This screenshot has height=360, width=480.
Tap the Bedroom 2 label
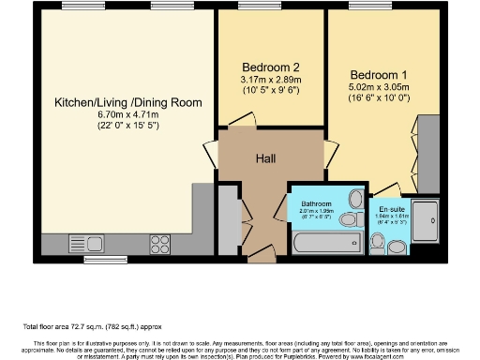[271, 67]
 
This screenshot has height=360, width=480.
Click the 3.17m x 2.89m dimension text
[271, 80]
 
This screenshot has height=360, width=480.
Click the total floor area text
[94, 327]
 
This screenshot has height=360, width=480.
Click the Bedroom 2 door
[242, 122]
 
